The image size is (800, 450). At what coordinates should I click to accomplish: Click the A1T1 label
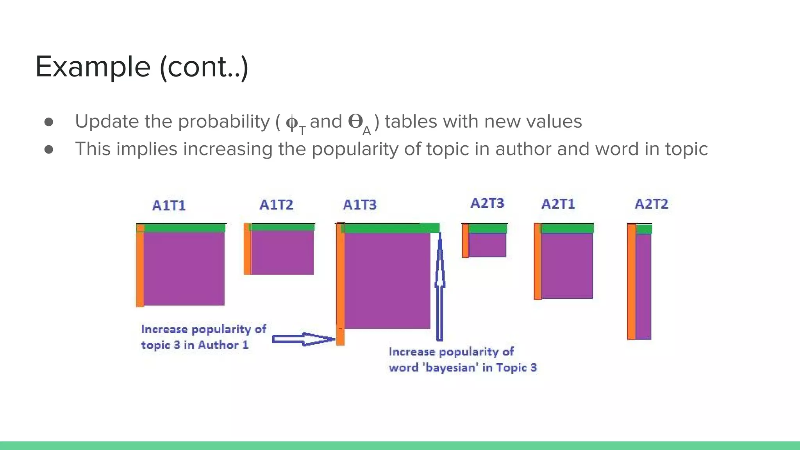(169, 205)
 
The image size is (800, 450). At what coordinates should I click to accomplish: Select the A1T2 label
(276, 205)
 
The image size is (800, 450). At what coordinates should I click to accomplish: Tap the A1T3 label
(360, 205)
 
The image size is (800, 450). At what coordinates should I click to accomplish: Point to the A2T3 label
(487, 203)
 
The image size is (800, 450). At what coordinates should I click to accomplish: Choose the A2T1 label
(558, 204)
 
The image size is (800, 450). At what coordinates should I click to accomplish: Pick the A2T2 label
(651, 204)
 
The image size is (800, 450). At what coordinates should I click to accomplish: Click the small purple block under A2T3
(487, 245)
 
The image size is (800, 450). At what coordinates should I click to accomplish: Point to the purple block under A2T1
(567, 266)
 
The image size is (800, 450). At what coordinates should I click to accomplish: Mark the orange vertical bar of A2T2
(631, 281)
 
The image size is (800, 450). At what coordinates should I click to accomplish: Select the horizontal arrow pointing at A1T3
(303, 339)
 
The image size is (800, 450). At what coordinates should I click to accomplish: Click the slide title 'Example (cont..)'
(142, 67)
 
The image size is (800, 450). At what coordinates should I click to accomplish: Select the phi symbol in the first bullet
(292, 122)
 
